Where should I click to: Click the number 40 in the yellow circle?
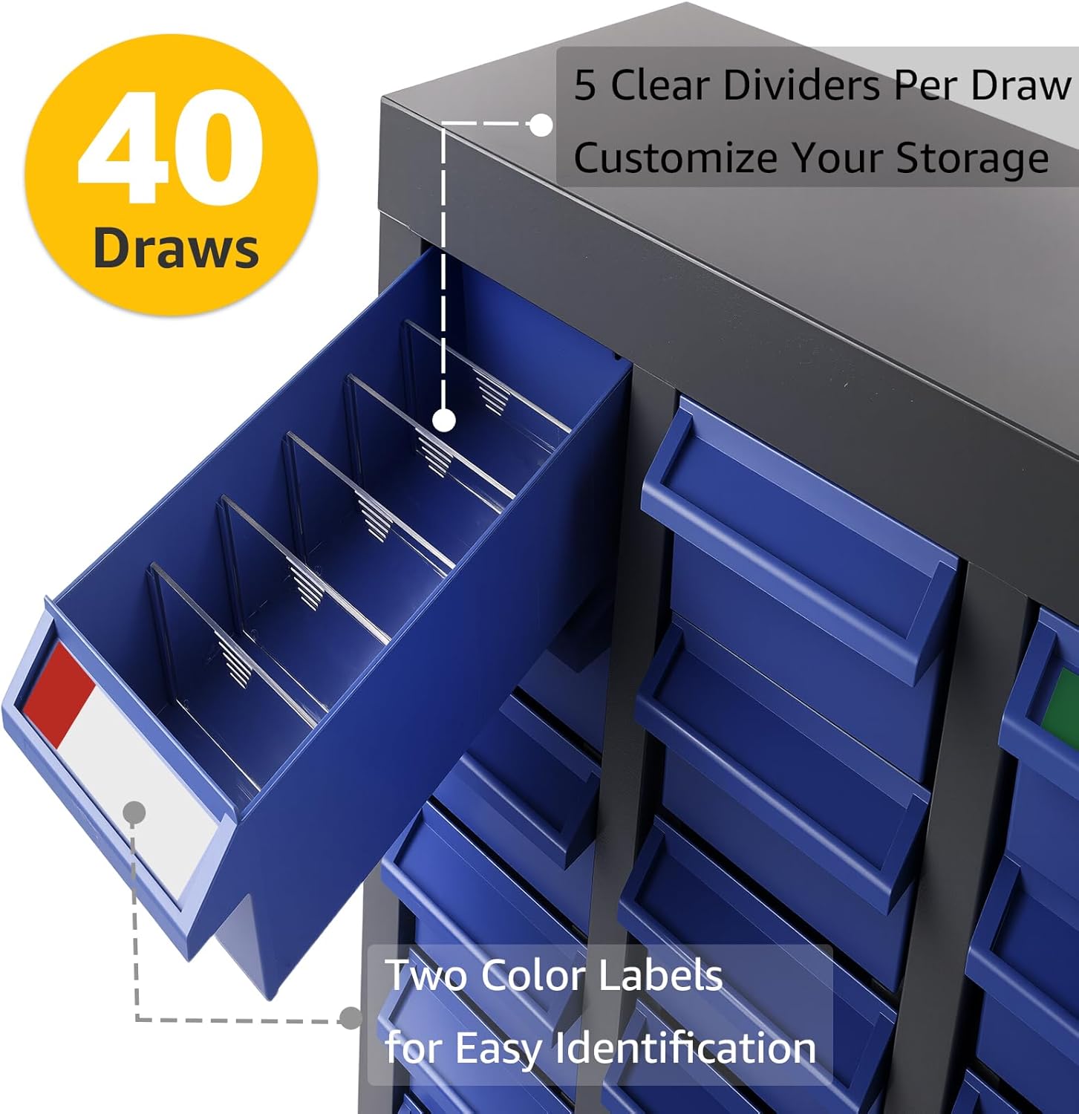point(170,147)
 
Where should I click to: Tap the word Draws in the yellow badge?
point(176,248)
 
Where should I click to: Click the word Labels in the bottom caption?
point(659,975)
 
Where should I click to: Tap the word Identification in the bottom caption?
point(685,1048)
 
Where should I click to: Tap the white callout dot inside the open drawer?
point(443,421)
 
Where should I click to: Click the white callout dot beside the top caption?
point(541,126)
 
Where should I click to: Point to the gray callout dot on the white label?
point(134,813)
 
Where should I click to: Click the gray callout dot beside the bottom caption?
point(350,1017)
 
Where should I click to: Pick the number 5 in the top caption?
point(584,85)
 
